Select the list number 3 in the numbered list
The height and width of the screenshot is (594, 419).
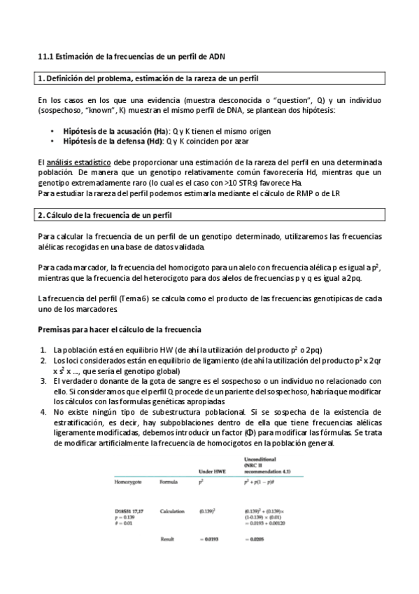click(x=43, y=381)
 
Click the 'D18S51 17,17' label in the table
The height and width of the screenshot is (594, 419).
click(x=132, y=511)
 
